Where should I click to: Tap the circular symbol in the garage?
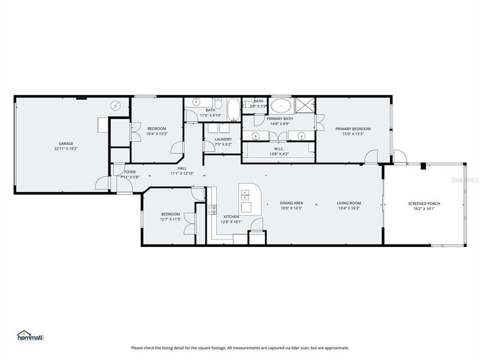pos(116,106)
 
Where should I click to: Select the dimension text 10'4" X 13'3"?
pos(156,133)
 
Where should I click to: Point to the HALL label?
pos(181,168)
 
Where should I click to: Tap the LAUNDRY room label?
pos(222,139)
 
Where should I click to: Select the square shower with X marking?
pos(304,105)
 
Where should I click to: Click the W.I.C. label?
pos(279,148)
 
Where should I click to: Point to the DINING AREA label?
pos(290,203)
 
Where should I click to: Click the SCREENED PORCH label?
pos(424,203)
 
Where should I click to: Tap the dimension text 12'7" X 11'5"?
pos(170,219)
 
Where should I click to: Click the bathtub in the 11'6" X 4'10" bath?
pos(233,109)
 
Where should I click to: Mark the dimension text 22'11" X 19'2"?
pos(66,148)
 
